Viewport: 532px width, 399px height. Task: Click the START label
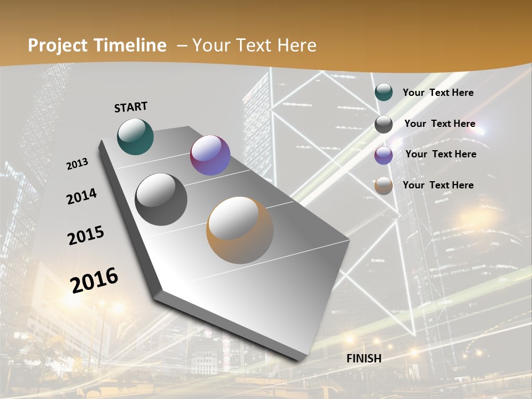[131, 107]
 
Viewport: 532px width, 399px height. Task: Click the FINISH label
[364, 359]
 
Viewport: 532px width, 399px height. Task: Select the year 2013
[78, 164]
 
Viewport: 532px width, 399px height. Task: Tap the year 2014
[81, 196]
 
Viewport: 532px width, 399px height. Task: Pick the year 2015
[86, 236]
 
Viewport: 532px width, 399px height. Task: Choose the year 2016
[94, 280]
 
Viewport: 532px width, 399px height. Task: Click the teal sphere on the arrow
[135, 136]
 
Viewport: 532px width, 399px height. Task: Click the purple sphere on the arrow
[210, 155]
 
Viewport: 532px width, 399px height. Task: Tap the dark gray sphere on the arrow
[161, 199]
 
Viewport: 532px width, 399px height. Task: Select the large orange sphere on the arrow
[240, 230]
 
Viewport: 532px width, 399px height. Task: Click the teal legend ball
[383, 92]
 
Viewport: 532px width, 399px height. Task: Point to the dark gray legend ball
[383, 124]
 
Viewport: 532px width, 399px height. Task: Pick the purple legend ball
[383, 155]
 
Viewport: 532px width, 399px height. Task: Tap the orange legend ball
[383, 186]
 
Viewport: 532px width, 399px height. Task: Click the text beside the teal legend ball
[438, 93]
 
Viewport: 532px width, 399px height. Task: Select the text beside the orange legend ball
[438, 185]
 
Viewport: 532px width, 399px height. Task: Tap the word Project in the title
[58, 45]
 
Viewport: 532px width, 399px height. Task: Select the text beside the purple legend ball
[441, 154]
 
